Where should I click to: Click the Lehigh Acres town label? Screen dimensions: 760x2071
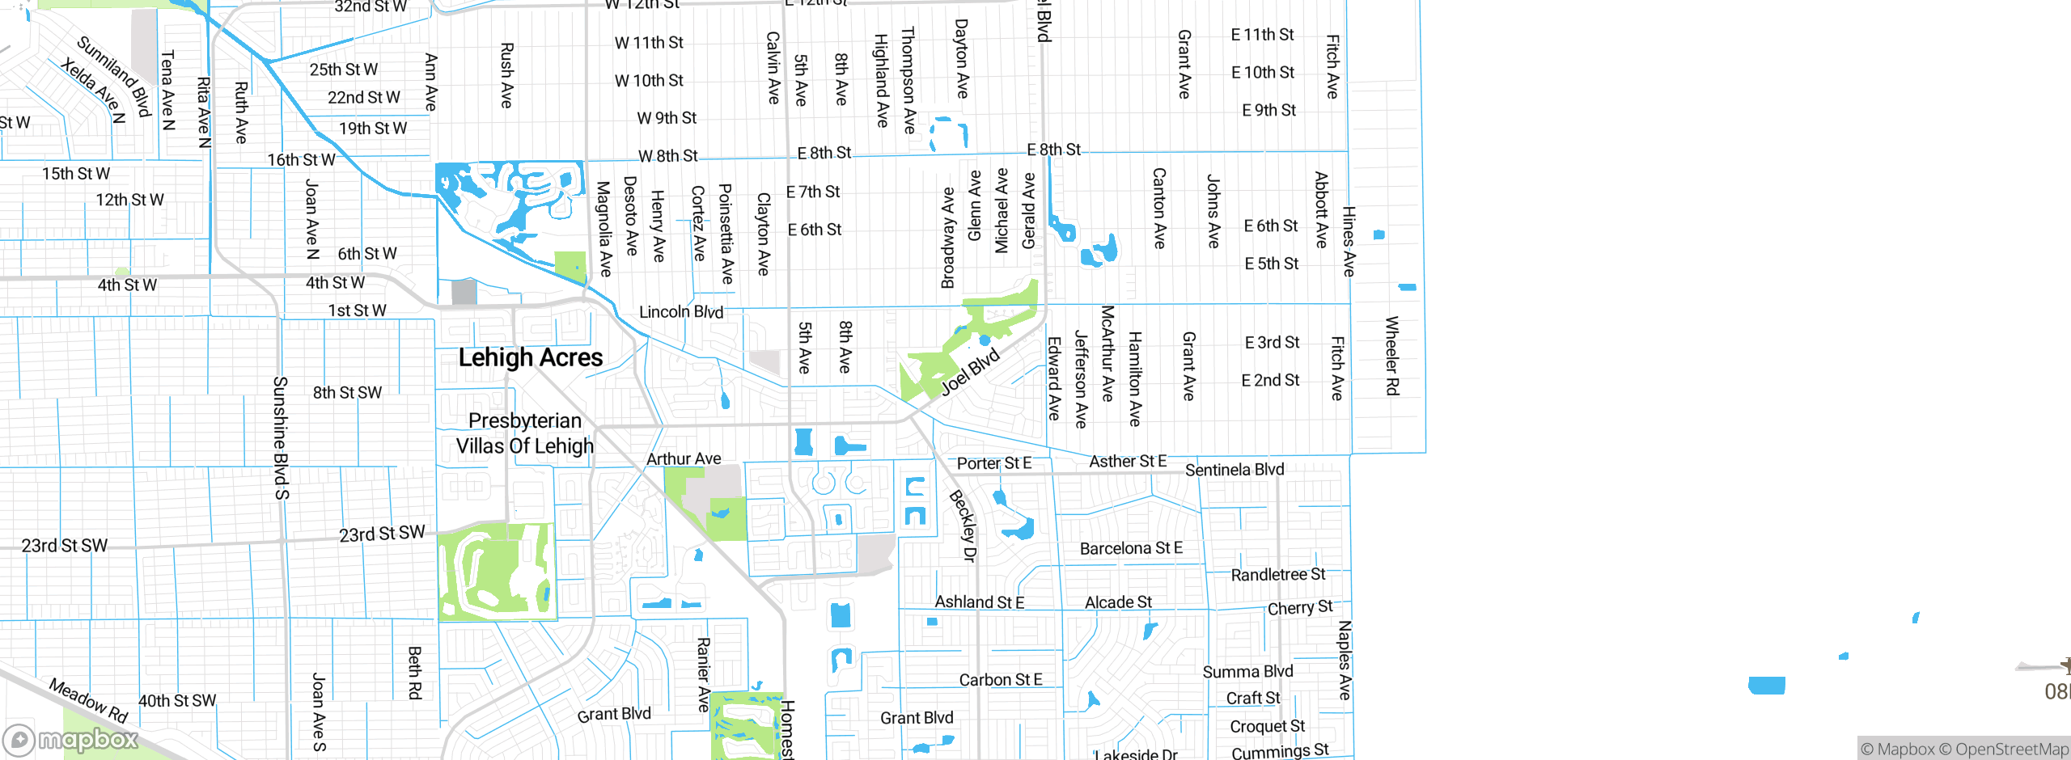[531, 357]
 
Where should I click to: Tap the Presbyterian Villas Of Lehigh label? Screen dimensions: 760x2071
[525, 433]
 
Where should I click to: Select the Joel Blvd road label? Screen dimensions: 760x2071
[970, 373]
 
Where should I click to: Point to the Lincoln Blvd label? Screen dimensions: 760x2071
[681, 312]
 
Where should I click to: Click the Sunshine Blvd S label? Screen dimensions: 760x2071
[281, 437]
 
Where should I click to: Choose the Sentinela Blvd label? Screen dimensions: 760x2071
[1235, 470]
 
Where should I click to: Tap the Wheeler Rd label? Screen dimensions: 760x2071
[1392, 356]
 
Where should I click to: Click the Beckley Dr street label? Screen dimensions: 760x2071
[964, 526]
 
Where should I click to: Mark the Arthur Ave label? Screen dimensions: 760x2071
[684, 459]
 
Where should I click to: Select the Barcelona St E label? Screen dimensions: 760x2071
[1131, 549]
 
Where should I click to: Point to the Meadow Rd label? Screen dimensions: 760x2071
[88, 700]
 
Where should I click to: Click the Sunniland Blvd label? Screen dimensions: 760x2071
[115, 76]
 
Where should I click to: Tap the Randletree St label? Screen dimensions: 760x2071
[1278, 575]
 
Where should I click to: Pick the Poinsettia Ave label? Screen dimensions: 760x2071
[726, 234]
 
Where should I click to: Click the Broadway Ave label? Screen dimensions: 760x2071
[948, 238]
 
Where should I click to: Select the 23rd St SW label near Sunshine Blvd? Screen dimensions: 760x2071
[382, 534]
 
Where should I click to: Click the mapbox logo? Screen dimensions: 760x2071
[71, 739]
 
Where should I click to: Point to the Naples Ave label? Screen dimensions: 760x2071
[1345, 660]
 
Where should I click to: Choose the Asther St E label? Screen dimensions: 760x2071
[1128, 462]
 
